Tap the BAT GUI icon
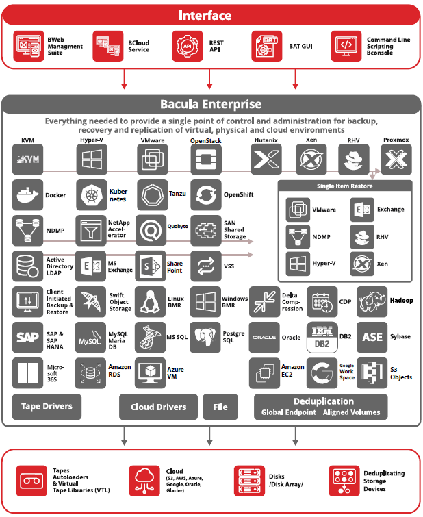coord(267,46)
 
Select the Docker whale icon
coord(27,195)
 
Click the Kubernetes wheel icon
coord(91,195)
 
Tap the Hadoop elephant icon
coord(372,301)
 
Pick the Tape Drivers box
coord(47,406)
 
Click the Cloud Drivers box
coord(158,407)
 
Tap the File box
coord(220,407)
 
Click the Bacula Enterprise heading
coord(211,105)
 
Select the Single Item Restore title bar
coord(345,186)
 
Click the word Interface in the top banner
coord(211,15)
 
